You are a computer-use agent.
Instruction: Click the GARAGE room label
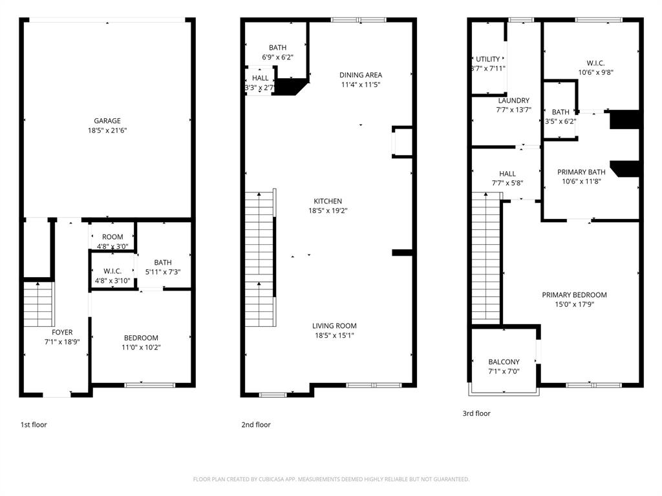107,121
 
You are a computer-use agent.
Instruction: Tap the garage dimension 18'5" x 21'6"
107,130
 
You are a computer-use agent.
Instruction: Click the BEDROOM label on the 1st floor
141,338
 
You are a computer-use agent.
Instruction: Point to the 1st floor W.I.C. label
112,271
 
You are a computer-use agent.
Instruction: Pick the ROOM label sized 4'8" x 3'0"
112,237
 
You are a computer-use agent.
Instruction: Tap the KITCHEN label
328,201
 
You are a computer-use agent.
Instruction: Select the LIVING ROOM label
334,326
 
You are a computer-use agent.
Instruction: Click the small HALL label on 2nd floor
261,78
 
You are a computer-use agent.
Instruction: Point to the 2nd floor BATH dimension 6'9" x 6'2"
277,57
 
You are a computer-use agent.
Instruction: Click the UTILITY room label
488,59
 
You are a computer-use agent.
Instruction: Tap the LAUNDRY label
513,101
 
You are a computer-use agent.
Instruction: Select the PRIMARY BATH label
581,172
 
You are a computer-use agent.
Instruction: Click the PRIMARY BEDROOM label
574,295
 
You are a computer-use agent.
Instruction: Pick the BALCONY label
504,362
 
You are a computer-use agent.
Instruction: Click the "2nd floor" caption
255,425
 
